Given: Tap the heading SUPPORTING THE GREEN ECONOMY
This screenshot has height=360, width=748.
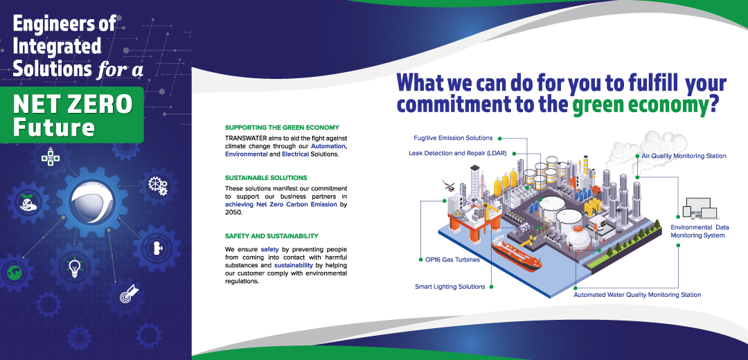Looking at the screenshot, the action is pyautogui.click(x=282, y=128).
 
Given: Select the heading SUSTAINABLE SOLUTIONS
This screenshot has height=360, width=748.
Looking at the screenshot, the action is pyautogui.click(x=266, y=178).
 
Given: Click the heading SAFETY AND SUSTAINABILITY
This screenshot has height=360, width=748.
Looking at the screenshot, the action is pyautogui.click(x=271, y=236).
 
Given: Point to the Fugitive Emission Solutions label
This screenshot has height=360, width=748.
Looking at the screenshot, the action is pyautogui.click(x=453, y=138).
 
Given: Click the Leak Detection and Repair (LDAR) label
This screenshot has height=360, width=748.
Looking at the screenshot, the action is pyautogui.click(x=458, y=153).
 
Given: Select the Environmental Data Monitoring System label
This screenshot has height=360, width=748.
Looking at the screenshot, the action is pyautogui.click(x=693, y=231).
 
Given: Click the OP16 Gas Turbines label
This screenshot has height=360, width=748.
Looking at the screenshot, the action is pyautogui.click(x=452, y=260).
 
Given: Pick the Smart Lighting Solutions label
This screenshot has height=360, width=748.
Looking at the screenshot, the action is pyautogui.click(x=450, y=287).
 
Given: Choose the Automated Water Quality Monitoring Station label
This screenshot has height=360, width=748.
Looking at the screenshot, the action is pyautogui.click(x=637, y=295).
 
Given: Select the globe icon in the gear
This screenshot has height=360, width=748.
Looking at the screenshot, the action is pyautogui.click(x=15, y=273).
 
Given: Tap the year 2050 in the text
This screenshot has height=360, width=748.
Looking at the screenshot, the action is pyautogui.click(x=233, y=213).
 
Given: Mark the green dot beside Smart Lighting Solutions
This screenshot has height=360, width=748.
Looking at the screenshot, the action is pyautogui.click(x=492, y=287).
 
